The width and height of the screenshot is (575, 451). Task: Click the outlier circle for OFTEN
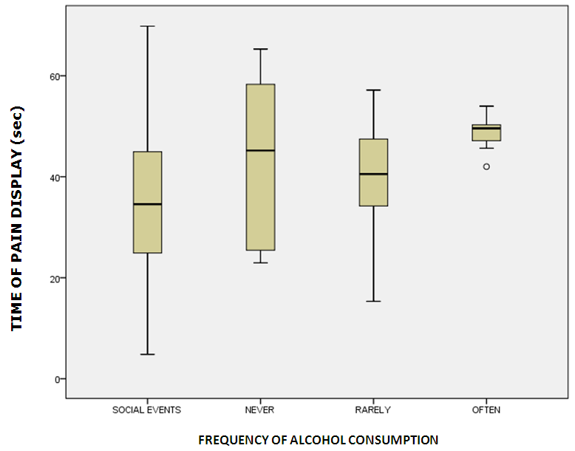pyautogui.click(x=486, y=166)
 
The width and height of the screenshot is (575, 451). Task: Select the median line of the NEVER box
pyautogui.click(x=260, y=150)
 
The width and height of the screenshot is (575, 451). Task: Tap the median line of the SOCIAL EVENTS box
pyautogui.click(x=147, y=203)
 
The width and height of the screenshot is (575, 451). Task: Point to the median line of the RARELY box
pyautogui.click(x=373, y=174)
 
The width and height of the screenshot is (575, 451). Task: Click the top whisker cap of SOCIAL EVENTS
pyautogui.click(x=147, y=26)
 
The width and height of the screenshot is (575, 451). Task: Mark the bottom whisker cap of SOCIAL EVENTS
pyautogui.click(x=147, y=354)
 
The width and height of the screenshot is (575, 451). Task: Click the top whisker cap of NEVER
pyautogui.click(x=260, y=49)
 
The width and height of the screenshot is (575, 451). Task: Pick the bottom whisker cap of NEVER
pyautogui.click(x=260, y=262)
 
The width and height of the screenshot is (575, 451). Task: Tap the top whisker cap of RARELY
pyautogui.click(x=373, y=90)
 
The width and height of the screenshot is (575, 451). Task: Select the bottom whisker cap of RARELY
pyautogui.click(x=373, y=301)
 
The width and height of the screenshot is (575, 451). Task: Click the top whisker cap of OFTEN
pyautogui.click(x=486, y=106)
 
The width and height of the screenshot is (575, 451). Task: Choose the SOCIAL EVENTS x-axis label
pyautogui.click(x=146, y=409)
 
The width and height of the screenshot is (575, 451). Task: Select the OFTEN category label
pyautogui.click(x=486, y=409)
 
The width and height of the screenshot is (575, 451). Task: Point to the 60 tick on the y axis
pyautogui.click(x=53, y=76)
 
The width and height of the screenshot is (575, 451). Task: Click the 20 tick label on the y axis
pyautogui.click(x=53, y=278)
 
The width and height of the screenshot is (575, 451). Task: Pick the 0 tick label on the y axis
pyautogui.click(x=56, y=379)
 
